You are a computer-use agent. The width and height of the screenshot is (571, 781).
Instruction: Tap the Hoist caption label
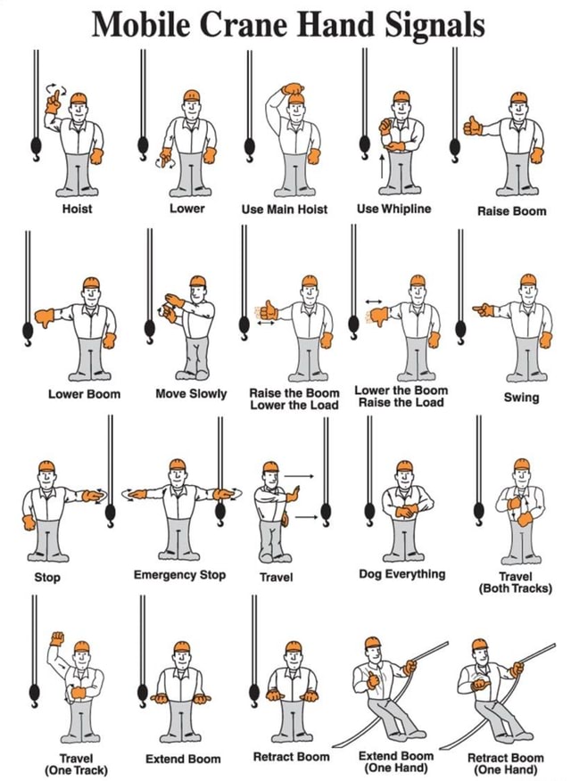click(x=77, y=209)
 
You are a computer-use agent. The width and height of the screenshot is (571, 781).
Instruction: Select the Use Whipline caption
click(x=393, y=209)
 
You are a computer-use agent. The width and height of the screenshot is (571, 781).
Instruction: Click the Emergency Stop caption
click(x=179, y=575)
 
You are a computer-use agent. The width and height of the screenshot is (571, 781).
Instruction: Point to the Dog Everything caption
click(x=401, y=574)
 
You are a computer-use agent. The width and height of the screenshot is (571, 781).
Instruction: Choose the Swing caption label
click(x=521, y=397)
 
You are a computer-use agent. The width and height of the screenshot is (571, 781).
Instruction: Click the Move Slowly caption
click(x=191, y=393)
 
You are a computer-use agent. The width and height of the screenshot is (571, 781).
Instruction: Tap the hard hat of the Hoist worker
click(x=79, y=97)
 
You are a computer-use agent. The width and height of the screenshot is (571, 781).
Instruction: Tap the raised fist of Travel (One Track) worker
click(x=58, y=639)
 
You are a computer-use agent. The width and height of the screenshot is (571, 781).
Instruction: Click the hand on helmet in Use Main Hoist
click(x=292, y=89)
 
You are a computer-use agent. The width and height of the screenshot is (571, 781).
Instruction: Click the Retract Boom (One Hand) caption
click(x=506, y=762)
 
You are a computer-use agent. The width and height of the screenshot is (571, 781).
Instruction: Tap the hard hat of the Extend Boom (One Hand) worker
click(x=372, y=644)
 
